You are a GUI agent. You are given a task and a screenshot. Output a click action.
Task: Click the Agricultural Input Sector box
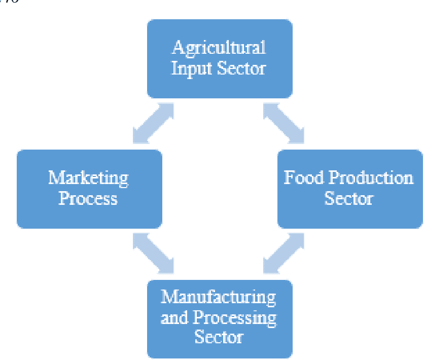pyautogui.click(x=219, y=58)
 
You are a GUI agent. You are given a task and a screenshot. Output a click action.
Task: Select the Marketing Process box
pyautogui.click(x=89, y=189)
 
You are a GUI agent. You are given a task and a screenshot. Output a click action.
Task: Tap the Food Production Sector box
pyautogui.click(x=349, y=189)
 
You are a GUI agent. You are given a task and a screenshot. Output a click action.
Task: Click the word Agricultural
pyautogui.click(x=219, y=48)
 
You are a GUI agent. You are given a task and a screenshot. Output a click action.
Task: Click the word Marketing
pyautogui.click(x=88, y=178)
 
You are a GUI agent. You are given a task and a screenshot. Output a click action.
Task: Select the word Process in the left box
pyautogui.click(x=88, y=198)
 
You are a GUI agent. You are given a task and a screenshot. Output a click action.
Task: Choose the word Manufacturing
pyautogui.click(x=219, y=297)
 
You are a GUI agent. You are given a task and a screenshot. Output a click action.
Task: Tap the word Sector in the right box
pyautogui.click(x=348, y=198)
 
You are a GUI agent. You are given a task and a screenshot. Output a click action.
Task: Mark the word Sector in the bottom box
pyautogui.click(x=219, y=337)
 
